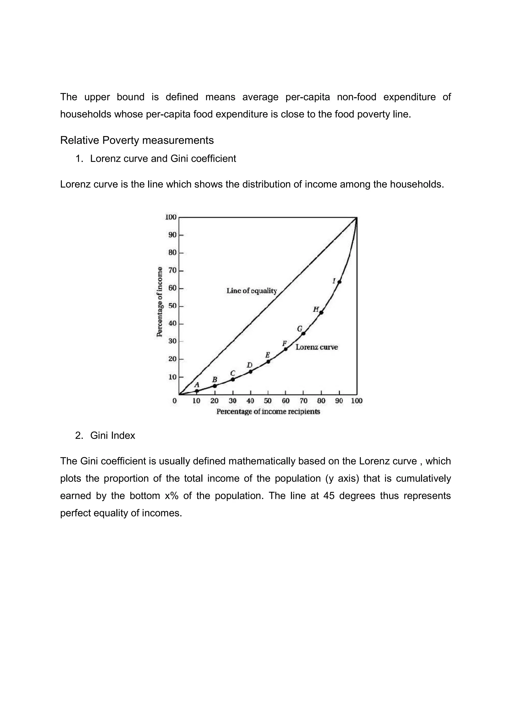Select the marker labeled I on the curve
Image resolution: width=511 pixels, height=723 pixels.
(x=339, y=282)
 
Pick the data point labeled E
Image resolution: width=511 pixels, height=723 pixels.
(x=268, y=361)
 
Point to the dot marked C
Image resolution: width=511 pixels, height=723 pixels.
(x=233, y=379)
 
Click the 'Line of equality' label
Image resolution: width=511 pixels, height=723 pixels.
(x=252, y=291)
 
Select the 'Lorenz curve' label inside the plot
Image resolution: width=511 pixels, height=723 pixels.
(x=317, y=347)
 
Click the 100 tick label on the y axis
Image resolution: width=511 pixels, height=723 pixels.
(x=171, y=217)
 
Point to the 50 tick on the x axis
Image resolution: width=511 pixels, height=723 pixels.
(x=268, y=401)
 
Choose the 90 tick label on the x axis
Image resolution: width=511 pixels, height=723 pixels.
(x=339, y=401)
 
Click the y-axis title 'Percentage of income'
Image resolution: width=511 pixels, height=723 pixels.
(x=160, y=302)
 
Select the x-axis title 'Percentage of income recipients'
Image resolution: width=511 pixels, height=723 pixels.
(x=268, y=412)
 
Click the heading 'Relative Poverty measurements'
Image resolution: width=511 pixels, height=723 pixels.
(x=137, y=140)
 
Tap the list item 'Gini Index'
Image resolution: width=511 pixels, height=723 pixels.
(x=113, y=435)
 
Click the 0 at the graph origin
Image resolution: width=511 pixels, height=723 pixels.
(x=175, y=401)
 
